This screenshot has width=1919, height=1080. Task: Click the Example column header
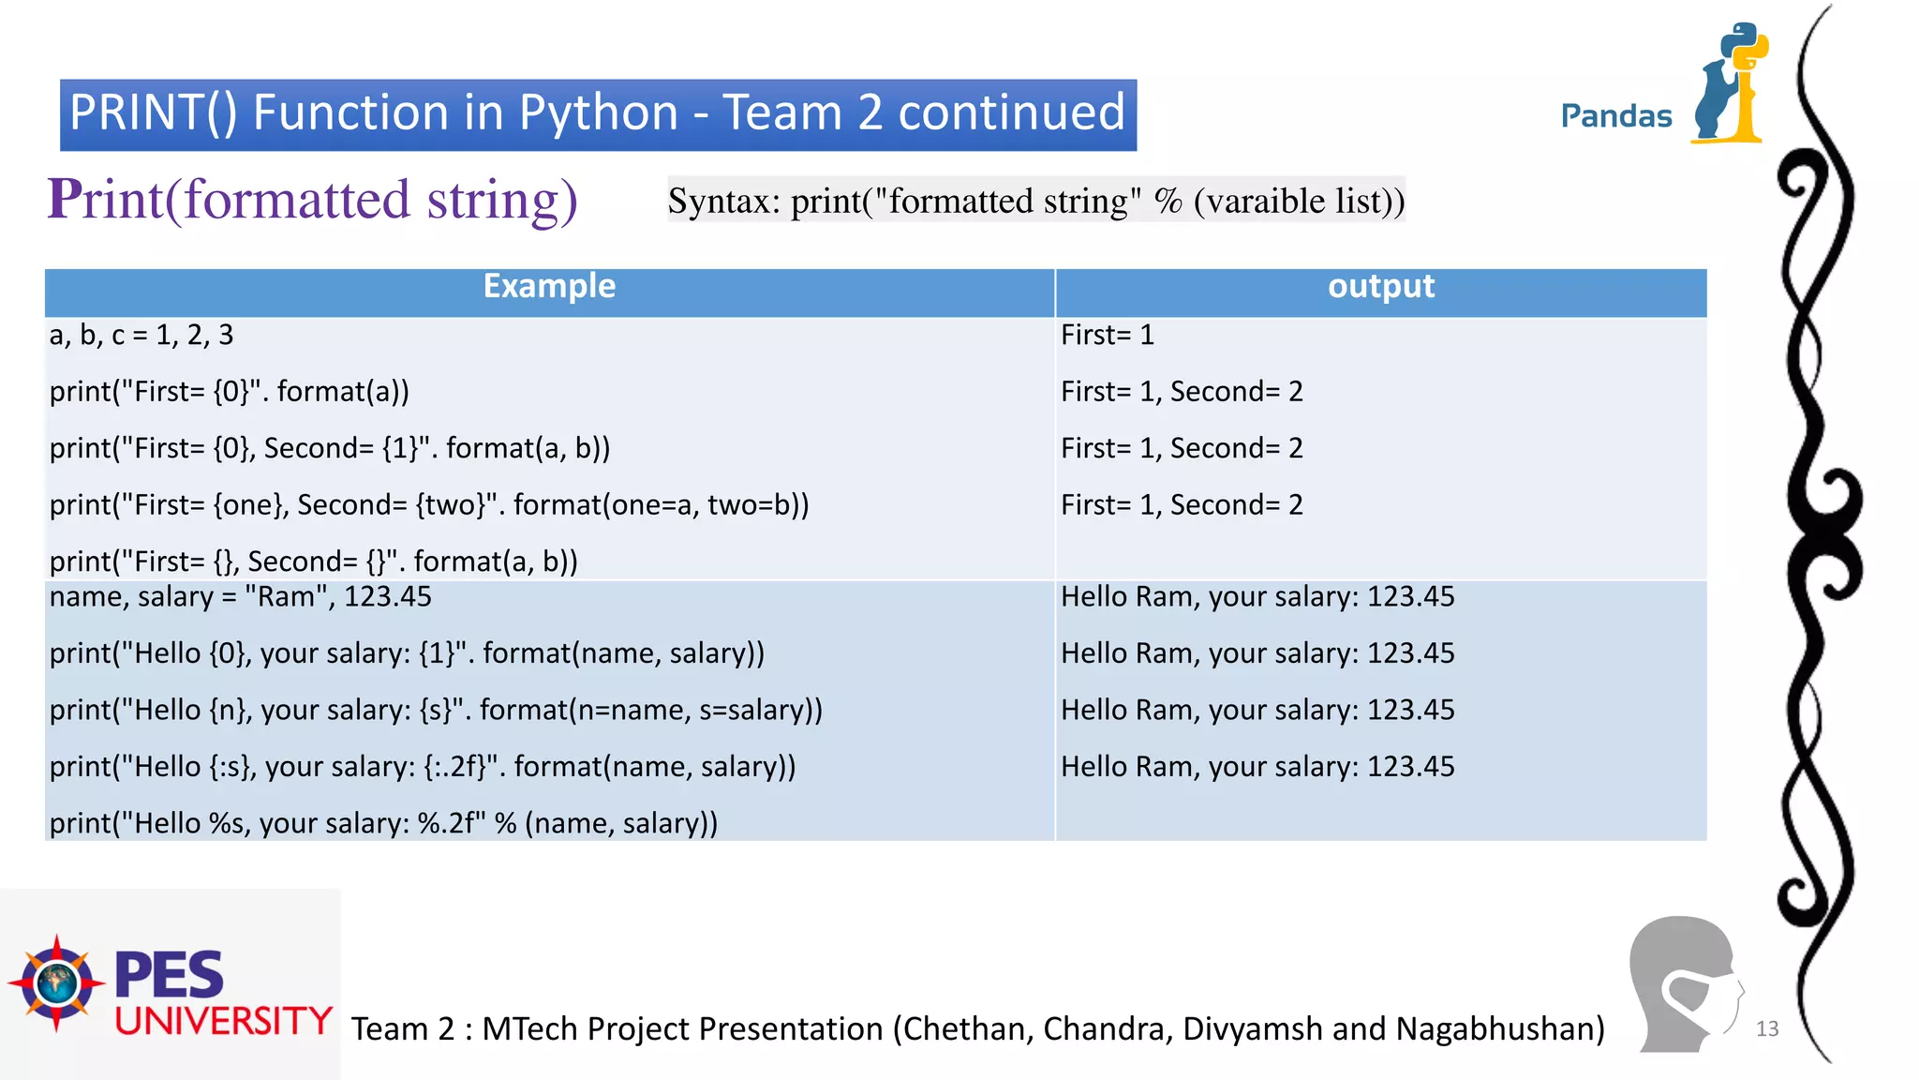click(549, 286)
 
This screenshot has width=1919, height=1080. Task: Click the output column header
click(1380, 286)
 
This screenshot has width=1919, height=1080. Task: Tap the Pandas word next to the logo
click(1615, 116)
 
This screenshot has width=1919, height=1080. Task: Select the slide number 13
click(1767, 1028)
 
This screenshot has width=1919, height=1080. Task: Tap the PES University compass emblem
click(56, 982)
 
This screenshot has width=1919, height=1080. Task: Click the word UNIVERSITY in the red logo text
click(223, 1021)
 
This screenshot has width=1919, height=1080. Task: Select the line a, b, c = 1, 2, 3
click(141, 335)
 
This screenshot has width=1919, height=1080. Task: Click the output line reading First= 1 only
click(1107, 335)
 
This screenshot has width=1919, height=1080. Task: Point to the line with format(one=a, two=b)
click(429, 505)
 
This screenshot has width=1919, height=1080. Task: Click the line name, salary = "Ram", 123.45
click(241, 597)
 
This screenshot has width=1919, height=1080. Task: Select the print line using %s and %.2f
click(383, 823)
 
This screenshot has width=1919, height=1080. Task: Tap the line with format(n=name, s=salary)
click(436, 710)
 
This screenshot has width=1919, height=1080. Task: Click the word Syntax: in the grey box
click(723, 201)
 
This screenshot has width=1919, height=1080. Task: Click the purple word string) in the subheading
click(502, 200)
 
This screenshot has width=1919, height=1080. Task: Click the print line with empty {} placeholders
click(313, 562)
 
